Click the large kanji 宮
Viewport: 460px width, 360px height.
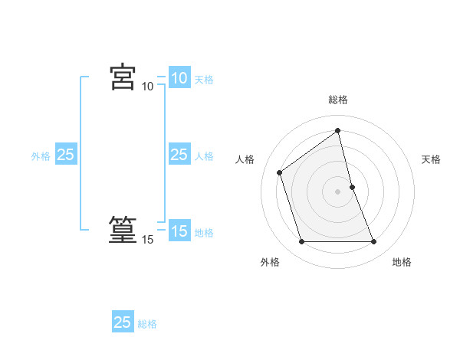coord(123,77)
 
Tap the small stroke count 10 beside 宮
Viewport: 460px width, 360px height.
coord(147,87)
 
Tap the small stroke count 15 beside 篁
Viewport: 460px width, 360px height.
coord(147,240)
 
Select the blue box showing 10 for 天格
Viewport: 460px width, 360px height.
coord(179,78)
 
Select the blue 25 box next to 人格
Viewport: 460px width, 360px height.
coord(179,155)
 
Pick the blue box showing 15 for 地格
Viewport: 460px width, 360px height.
coord(179,231)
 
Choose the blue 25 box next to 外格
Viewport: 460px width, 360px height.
coord(66,155)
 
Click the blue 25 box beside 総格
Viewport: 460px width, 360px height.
coord(123,322)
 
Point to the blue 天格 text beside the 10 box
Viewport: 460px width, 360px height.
coord(204,80)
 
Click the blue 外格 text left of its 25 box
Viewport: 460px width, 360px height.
coord(41,156)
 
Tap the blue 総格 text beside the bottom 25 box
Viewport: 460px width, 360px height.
coord(147,324)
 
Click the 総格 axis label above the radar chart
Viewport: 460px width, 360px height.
coord(338,100)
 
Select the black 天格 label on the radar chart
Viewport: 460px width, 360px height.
coord(431,159)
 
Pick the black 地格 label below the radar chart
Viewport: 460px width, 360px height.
coord(402,262)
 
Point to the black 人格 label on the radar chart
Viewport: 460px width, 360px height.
coord(245,159)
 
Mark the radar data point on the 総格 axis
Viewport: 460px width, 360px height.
coord(338,130)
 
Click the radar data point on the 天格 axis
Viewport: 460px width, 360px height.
coord(353,187)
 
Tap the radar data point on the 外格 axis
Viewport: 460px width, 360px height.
coord(301,242)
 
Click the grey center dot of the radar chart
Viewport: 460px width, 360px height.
coord(338,191)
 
